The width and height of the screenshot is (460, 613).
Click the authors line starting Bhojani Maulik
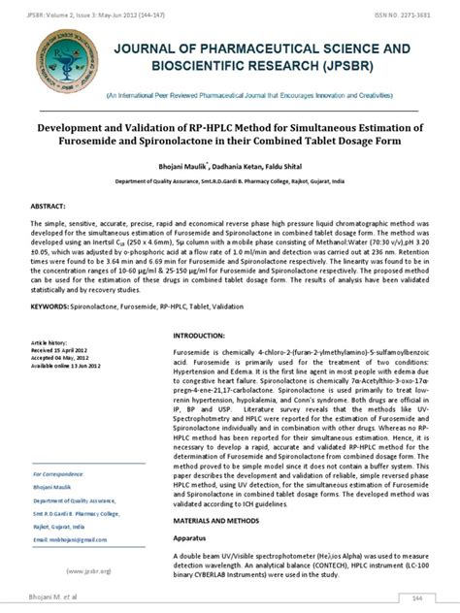(x=229, y=166)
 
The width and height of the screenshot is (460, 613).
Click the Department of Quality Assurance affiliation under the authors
(x=229, y=181)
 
